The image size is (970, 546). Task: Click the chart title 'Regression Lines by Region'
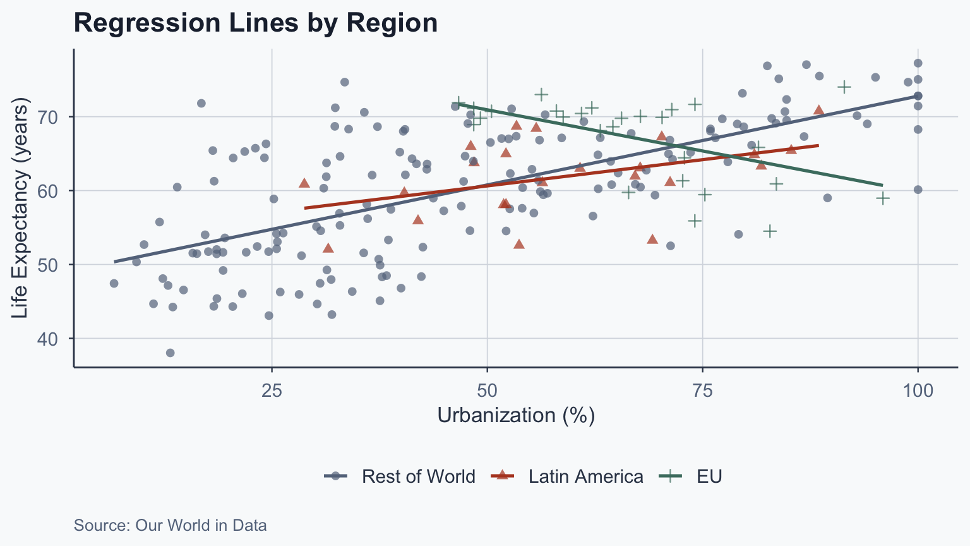pyautogui.click(x=256, y=23)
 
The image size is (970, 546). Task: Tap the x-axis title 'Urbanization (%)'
pyautogui.click(x=516, y=415)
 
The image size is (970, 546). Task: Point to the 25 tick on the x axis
pyautogui.click(x=272, y=391)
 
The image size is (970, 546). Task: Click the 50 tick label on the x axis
pyautogui.click(x=487, y=391)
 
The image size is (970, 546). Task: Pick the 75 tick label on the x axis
pyautogui.click(x=702, y=391)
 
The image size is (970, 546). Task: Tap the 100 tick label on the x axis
pyautogui.click(x=918, y=391)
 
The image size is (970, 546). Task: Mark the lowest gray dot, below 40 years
pyautogui.click(x=170, y=353)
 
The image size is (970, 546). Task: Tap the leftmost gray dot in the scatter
pyautogui.click(x=114, y=283)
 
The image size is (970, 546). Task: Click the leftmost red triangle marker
pyautogui.click(x=304, y=183)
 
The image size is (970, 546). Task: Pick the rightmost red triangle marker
pyautogui.click(x=818, y=110)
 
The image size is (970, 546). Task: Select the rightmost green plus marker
pyautogui.click(x=883, y=198)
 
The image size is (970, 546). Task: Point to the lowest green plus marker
pyautogui.click(x=769, y=231)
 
